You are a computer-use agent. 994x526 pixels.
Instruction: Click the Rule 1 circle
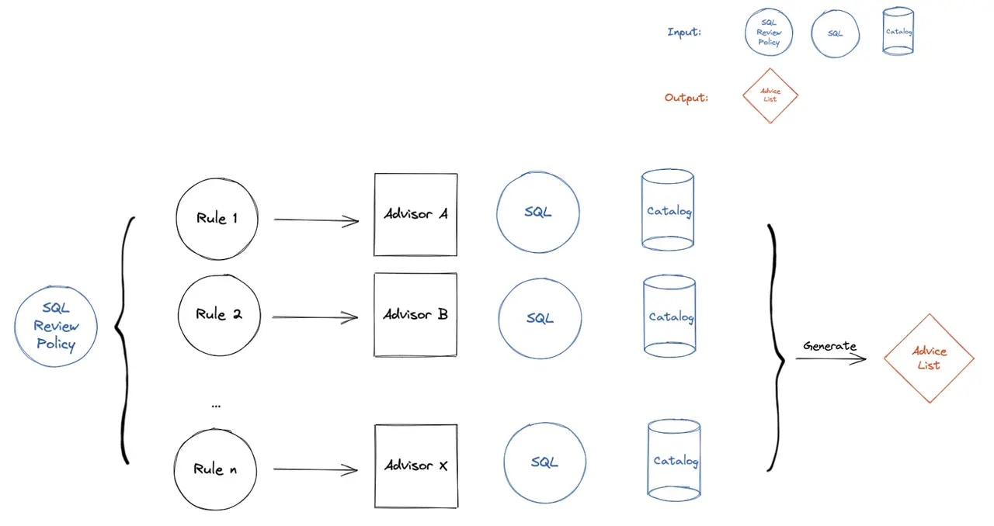pos(217,219)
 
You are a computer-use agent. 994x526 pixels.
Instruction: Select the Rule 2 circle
pos(218,314)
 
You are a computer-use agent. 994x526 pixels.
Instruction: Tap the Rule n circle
pos(215,469)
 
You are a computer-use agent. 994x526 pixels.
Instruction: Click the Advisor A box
pos(415,214)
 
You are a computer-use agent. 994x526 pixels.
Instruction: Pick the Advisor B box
pos(415,315)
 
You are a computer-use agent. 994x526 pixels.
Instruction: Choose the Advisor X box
pos(415,465)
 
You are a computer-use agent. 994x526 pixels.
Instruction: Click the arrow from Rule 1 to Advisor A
pos(316,220)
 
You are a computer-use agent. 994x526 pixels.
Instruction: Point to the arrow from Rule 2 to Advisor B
pos(315,317)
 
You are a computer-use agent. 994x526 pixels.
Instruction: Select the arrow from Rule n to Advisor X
pos(315,469)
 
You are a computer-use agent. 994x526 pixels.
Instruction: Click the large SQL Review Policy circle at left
pos(56,327)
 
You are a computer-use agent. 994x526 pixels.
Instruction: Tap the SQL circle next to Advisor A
pos(537,212)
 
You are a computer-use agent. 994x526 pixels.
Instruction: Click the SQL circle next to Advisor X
pos(544,462)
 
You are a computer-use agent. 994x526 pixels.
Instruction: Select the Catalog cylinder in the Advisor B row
pos(669,317)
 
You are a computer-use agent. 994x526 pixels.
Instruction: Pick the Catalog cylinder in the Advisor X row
pos(674,460)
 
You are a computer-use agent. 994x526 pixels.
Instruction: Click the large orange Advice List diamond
pos(929,358)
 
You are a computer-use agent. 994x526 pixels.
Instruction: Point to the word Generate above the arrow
pos(829,346)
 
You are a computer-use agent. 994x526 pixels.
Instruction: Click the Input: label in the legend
pos(684,33)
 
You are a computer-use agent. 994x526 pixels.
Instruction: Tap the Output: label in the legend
pos(686,98)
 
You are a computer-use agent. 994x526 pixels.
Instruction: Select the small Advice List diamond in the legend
pos(770,95)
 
